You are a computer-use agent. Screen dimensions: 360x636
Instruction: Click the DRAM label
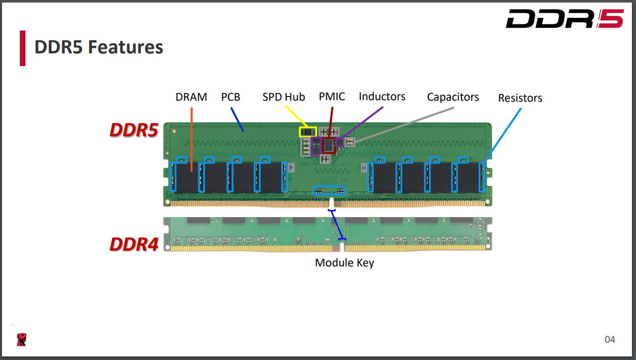(x=191, y=97)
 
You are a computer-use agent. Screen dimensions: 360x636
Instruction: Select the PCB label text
(x=230, y=97)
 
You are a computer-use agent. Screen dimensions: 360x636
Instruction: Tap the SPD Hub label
(x=283, y=97)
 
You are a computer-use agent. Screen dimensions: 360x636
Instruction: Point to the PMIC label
(x=332, y=97)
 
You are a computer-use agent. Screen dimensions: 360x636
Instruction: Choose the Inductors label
(x=382, y=97)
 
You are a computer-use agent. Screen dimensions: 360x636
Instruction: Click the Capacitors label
(x=453, y=97)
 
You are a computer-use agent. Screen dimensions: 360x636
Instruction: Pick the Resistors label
(x=520, y=98)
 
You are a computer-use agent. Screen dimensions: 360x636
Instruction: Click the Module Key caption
(x=344, y=263)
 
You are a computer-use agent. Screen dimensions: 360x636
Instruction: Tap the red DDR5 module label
(x=134, y=130)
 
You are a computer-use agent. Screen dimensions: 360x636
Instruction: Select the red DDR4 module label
(x=134, y=245)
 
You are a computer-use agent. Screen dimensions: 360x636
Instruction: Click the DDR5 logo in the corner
(x=564, y=19)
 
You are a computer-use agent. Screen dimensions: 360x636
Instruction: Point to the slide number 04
(x=610, y=339)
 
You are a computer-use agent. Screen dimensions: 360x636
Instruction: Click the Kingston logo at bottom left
(x=21, y=340)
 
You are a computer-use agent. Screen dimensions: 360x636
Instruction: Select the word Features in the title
(x=126, y=47)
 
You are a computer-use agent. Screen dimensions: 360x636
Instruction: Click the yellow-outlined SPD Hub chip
(x=307, y=132)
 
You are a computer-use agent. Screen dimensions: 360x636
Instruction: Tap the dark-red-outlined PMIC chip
(x=329, y=146)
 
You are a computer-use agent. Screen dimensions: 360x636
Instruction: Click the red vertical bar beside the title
(x=22, y=48)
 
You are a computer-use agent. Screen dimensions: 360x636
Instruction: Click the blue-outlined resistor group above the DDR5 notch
(x=328, y=191)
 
